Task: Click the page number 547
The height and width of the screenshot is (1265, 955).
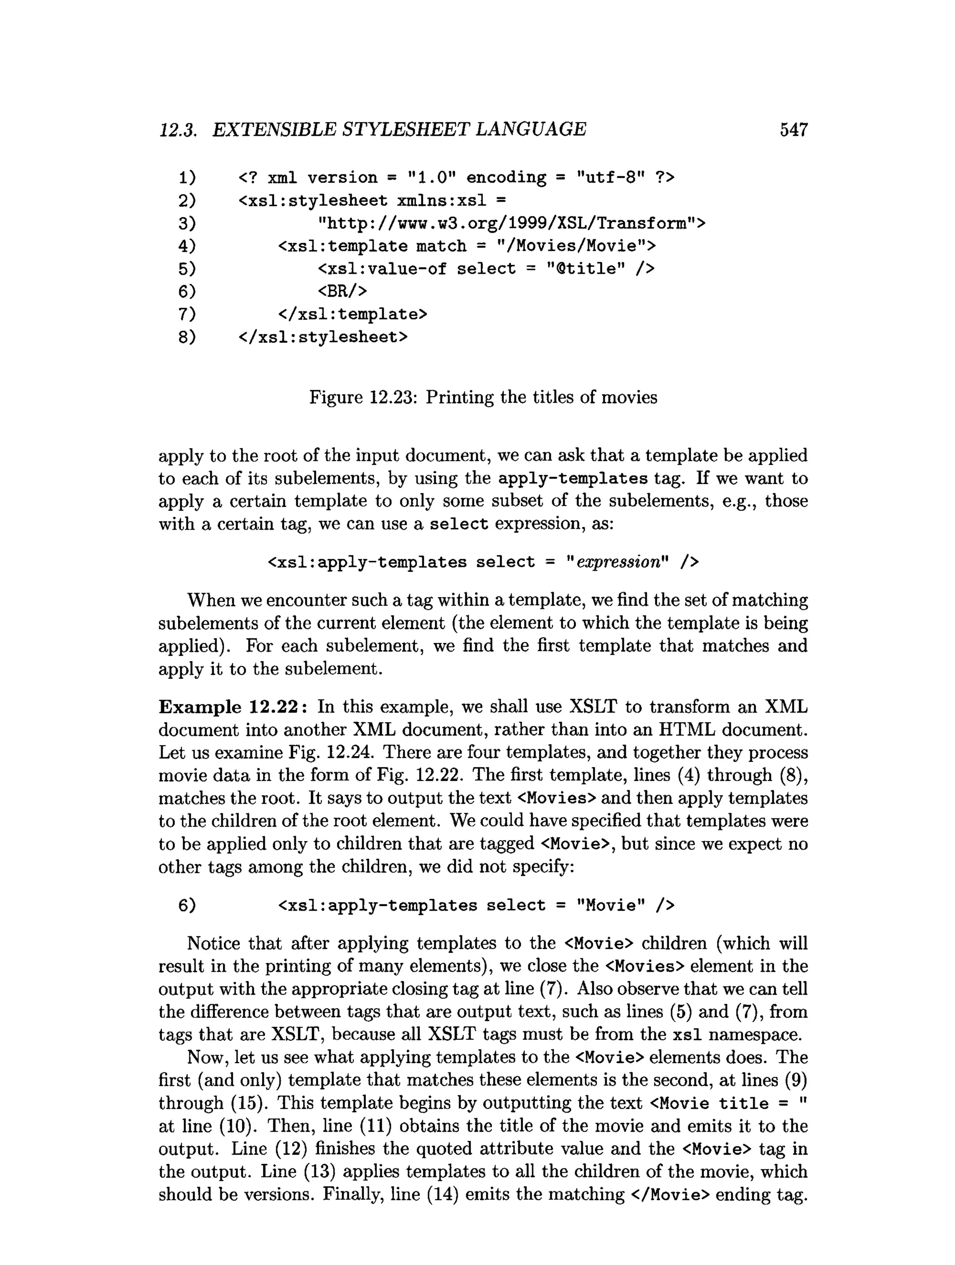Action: tap(793, 130)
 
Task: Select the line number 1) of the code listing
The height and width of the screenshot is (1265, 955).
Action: tap(187, 178)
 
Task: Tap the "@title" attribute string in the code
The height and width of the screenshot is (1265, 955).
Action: tap(585, 269)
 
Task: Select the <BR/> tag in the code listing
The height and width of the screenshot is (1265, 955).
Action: tap(342, 292)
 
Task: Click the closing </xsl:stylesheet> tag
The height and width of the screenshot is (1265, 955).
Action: tap(323, 337)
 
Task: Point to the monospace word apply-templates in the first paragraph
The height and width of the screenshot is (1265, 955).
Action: tap(573, 479)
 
